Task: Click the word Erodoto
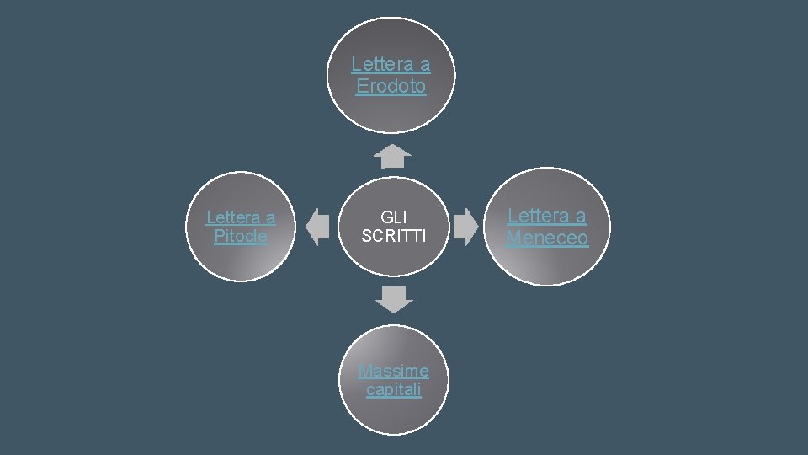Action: (x=391, y=86)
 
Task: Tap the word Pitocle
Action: (x=241, y=237)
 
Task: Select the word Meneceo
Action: (x=547, y=238)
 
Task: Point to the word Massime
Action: (x=393, y=371)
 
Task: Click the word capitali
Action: (x=394, y=390)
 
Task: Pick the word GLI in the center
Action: (x=394, y=217)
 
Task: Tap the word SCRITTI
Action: (x=394, y=237)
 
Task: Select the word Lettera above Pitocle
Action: (x=231, y=217)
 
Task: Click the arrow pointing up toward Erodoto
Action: (x=393, y=156)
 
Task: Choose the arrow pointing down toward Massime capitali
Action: (x=394, y=299)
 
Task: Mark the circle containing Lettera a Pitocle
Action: (x=241, y=257)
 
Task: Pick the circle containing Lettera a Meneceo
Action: (x=549, y=261)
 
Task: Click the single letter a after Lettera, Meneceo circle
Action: (x=580, y=216)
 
